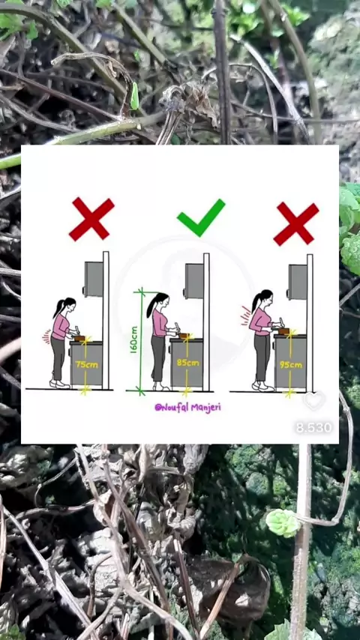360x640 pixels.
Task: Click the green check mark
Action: pos(200,218)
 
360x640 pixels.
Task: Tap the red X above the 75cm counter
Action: pos(91,219)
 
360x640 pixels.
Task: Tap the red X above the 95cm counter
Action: pos(296,224)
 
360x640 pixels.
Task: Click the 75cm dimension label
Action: pos(87,364)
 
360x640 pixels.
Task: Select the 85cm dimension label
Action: pos(188,362)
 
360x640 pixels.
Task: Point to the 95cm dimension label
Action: pos(291,364)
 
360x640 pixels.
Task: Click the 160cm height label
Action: pos(134,339)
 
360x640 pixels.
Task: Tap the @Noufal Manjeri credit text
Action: pos(187,407)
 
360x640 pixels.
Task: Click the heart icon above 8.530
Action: pos(313,400)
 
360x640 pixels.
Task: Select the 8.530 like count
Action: pos(313,427)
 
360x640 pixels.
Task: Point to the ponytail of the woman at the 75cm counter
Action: pos(58,309)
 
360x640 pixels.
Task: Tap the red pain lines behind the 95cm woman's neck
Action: pos(246,316)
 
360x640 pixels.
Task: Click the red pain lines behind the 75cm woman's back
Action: pos(46,336)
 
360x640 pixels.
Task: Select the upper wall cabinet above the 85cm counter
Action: pos(193,281)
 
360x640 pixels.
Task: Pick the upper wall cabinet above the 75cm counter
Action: pos(93,279)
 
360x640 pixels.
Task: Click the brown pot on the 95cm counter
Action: pos(284,331)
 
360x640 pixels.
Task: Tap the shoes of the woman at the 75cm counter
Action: pos(59,384)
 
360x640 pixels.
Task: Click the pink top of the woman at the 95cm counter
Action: pos(260,321)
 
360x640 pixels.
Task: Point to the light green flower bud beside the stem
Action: pos(283,523)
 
